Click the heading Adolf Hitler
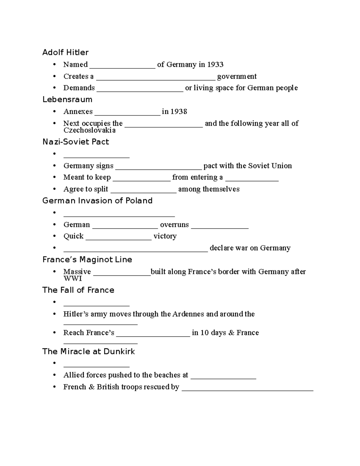(x=65, y=53)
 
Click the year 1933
(x=215, y=65)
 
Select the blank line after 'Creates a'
(x=155, y=77)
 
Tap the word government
(x=237, y=77)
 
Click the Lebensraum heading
(x=67, y=100)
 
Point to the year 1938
(x=178, y=112)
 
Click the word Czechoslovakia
(x=89, y=130)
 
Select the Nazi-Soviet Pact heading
(x=76, y=142)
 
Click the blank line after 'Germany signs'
(x=158, y=167)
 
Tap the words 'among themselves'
(x=209, y=189)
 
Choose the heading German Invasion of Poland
(x=97, y=201)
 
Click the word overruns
(x=174, y=225)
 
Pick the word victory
(x=165, y=236)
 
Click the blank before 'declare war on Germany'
(x=136, y=249)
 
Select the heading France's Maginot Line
(x=87, y=260)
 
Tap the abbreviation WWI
(x=73, y=278)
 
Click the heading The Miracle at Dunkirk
(x=88, y=351)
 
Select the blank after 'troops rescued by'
(x=247, y=388)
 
